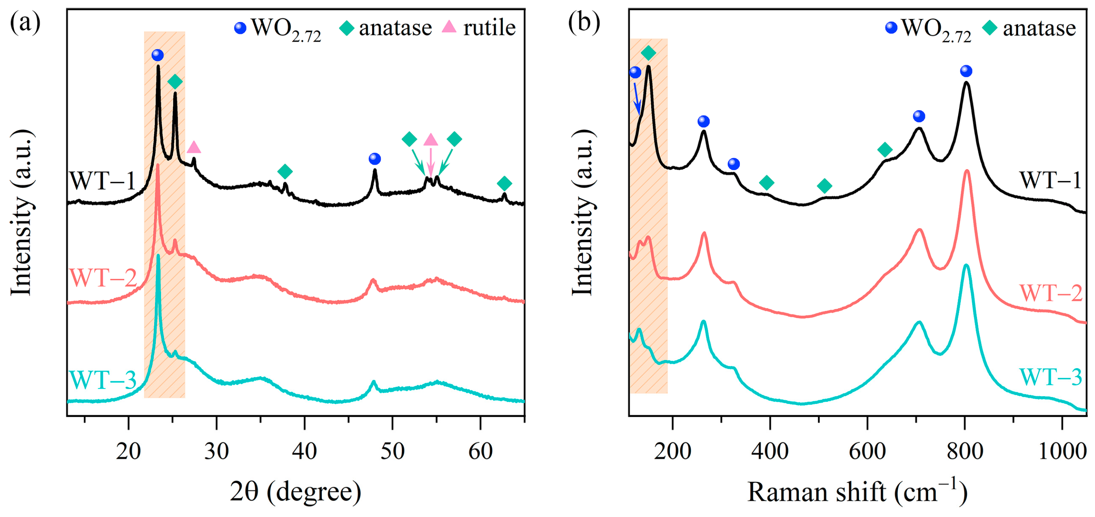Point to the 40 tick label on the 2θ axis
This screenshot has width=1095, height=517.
tap(304, 451)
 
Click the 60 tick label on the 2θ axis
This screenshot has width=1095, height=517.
tap(480, 451)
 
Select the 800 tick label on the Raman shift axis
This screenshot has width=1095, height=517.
tap(964, 451)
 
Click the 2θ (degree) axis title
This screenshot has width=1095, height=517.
tap(296, 492)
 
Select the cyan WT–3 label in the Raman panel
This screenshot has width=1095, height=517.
tap(1050, 377)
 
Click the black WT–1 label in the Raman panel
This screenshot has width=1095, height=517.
tap(1050, 180)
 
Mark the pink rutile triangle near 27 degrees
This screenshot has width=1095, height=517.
tap(194, 148)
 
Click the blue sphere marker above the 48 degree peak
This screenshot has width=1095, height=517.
tap(375, 159)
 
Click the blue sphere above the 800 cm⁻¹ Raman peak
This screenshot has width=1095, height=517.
tap(966, 71)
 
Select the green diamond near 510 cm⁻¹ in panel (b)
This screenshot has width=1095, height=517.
tap(824, 186)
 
